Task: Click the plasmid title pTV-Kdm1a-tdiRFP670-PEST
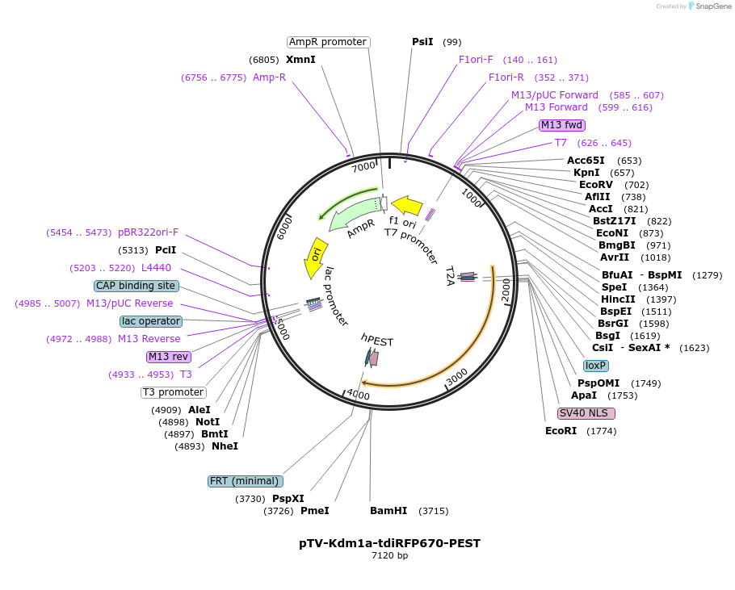click(x=389, y=543)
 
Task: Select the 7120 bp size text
click(x=389, y=555)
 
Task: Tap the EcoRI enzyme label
click(x=561, y=431)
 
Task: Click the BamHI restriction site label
click(x=388, y=511)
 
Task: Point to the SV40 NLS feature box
click(x=586, y=413)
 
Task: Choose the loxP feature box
click(x=596, y=366)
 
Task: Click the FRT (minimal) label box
click(x=245, y=481)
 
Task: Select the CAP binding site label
click(x=136, y=286)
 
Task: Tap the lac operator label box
click(x=151, y=321)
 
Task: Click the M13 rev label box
click(x=169, y=357)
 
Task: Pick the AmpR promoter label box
click(x=328, y=42)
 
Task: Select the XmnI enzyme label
click(x=300, y=60)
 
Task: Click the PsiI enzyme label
click(x=422, y=42)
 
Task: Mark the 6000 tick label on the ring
click(x=284, y=228)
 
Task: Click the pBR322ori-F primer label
click(x=149, y=232)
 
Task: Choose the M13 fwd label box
click(x=561, y=125)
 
